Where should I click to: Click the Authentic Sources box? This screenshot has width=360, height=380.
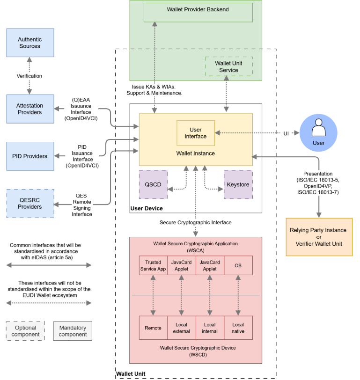click(x=30, y=43)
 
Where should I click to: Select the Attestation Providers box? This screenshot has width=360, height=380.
click(x=30, y=109)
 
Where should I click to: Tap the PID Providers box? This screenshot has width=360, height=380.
click(x=30, y=156)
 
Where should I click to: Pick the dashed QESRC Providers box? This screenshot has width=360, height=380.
click(x=30, y=203)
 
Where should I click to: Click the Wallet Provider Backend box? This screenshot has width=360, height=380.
click(x=198, y=13)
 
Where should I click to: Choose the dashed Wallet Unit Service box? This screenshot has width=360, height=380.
click(x=228, y=66)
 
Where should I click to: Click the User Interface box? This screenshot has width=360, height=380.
click(x=196, y=133)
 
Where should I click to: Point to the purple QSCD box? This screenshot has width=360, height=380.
click(x=153, y=184)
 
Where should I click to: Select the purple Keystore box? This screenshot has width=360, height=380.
click(x=238, y=184)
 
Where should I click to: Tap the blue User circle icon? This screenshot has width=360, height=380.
click(x=318, y=133)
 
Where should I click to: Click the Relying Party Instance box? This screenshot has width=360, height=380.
click(x=319, y=237)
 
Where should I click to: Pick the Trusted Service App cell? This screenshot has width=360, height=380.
click(x=153, y=265)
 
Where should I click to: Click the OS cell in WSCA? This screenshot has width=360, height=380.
click(x=238, y=265)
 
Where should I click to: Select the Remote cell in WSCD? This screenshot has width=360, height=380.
click(x=153, y=328)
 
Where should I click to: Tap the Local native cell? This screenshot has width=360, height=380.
click(x=238, y=328)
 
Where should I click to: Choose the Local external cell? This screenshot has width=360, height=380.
click(x=181, y=328)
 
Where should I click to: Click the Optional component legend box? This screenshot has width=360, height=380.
click(x=25, y=331)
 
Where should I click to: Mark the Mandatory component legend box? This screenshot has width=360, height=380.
click(x=73, y=331)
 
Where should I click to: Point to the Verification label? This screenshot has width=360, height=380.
click(x=29, y=76)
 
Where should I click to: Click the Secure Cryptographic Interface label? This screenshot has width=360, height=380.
click(x=195, y=222)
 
